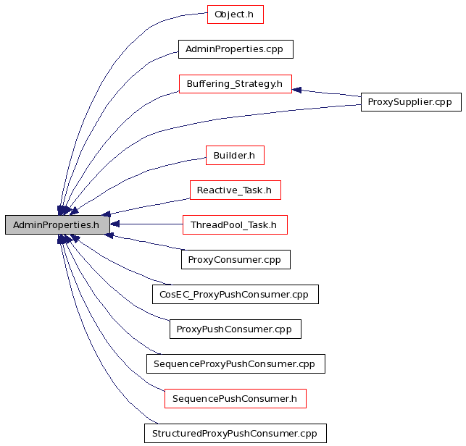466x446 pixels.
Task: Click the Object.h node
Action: click(x=236, y=14)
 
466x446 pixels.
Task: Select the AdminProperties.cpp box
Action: click(x=236, y=49)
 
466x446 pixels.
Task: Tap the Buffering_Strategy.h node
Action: click(x=236, y=84)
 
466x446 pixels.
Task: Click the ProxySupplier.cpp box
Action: click(x=411, y=102)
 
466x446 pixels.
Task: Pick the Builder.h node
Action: click(x=235, y=155)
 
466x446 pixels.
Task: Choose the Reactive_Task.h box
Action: click(x=236, y=190)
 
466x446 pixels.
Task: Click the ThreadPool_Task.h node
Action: click(x=235, y=224)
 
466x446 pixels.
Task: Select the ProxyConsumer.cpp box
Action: click(x=236, y=259)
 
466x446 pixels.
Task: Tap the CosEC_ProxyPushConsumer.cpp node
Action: click(x=236, y=294)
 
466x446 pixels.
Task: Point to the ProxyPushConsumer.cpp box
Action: click(x=236, y=329)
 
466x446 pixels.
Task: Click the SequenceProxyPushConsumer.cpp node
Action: click(x=236, y=363)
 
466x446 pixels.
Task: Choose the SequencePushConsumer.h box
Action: click(x=236, y=398)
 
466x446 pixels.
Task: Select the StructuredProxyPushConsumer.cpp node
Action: click(x=236, y=433)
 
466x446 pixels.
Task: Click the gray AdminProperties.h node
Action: click(x=57, y=224)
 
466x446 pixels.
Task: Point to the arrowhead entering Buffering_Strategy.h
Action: click(x=296, y=90)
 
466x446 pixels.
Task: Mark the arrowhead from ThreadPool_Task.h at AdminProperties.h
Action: click(x=115, y=224)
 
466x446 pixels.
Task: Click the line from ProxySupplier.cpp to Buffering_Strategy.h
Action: click(x=326, y=93)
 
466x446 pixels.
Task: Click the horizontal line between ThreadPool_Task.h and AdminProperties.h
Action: click(x=146, y=224)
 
